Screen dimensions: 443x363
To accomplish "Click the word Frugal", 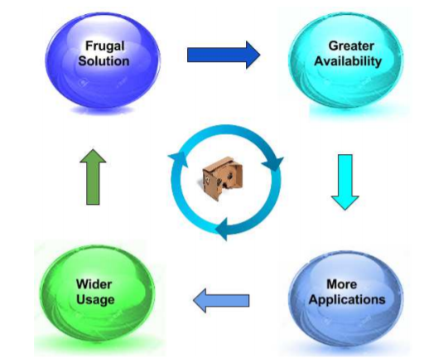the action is (x=105, y=46).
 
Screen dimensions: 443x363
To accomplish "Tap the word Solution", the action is (x=104, y=61).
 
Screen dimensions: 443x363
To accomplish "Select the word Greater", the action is (x=351, y=46).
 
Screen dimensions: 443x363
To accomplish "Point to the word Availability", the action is (x=348, y=61).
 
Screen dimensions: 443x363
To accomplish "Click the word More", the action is (x=342, y=284).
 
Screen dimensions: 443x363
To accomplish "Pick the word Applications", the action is (x=347, y=300).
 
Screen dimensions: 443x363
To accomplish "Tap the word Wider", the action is (x=94, y=284).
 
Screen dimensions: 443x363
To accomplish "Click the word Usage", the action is (x=95, y=300).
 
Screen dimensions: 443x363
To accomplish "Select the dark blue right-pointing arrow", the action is (x=224, y=55).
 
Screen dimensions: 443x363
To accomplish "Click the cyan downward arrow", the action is (x=345, y=182).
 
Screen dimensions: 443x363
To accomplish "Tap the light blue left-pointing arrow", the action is (x=221, y=301).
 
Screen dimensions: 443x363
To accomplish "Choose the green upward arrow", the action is (x=93, y=177).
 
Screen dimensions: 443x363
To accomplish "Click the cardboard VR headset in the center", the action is (x=223, y=178).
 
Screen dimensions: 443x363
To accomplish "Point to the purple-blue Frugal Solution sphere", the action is (x=103, y=60).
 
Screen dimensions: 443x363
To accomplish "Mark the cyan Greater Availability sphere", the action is (x=346, y=60).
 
